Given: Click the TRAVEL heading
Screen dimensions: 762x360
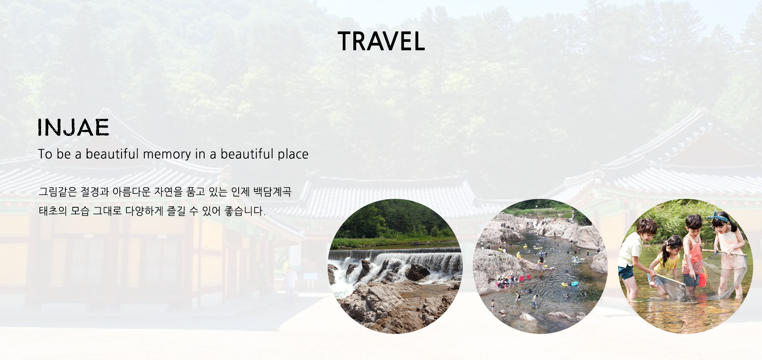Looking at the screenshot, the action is click(x=381, y=41).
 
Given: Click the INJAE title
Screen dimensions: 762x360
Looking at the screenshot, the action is click(x=73, y=127).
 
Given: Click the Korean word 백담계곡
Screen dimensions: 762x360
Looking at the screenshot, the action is click(x=272, y=192).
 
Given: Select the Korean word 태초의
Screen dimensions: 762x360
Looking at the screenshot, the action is click(x=53, y=211).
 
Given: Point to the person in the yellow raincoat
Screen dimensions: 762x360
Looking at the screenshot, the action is click(x=519, y=255).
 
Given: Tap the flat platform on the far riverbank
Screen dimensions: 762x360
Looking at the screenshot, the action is click(x=422, y=243).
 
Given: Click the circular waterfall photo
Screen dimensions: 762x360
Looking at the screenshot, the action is click(x=395, y=266).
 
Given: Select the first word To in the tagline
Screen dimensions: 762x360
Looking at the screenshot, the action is click(x=45, y=154).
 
